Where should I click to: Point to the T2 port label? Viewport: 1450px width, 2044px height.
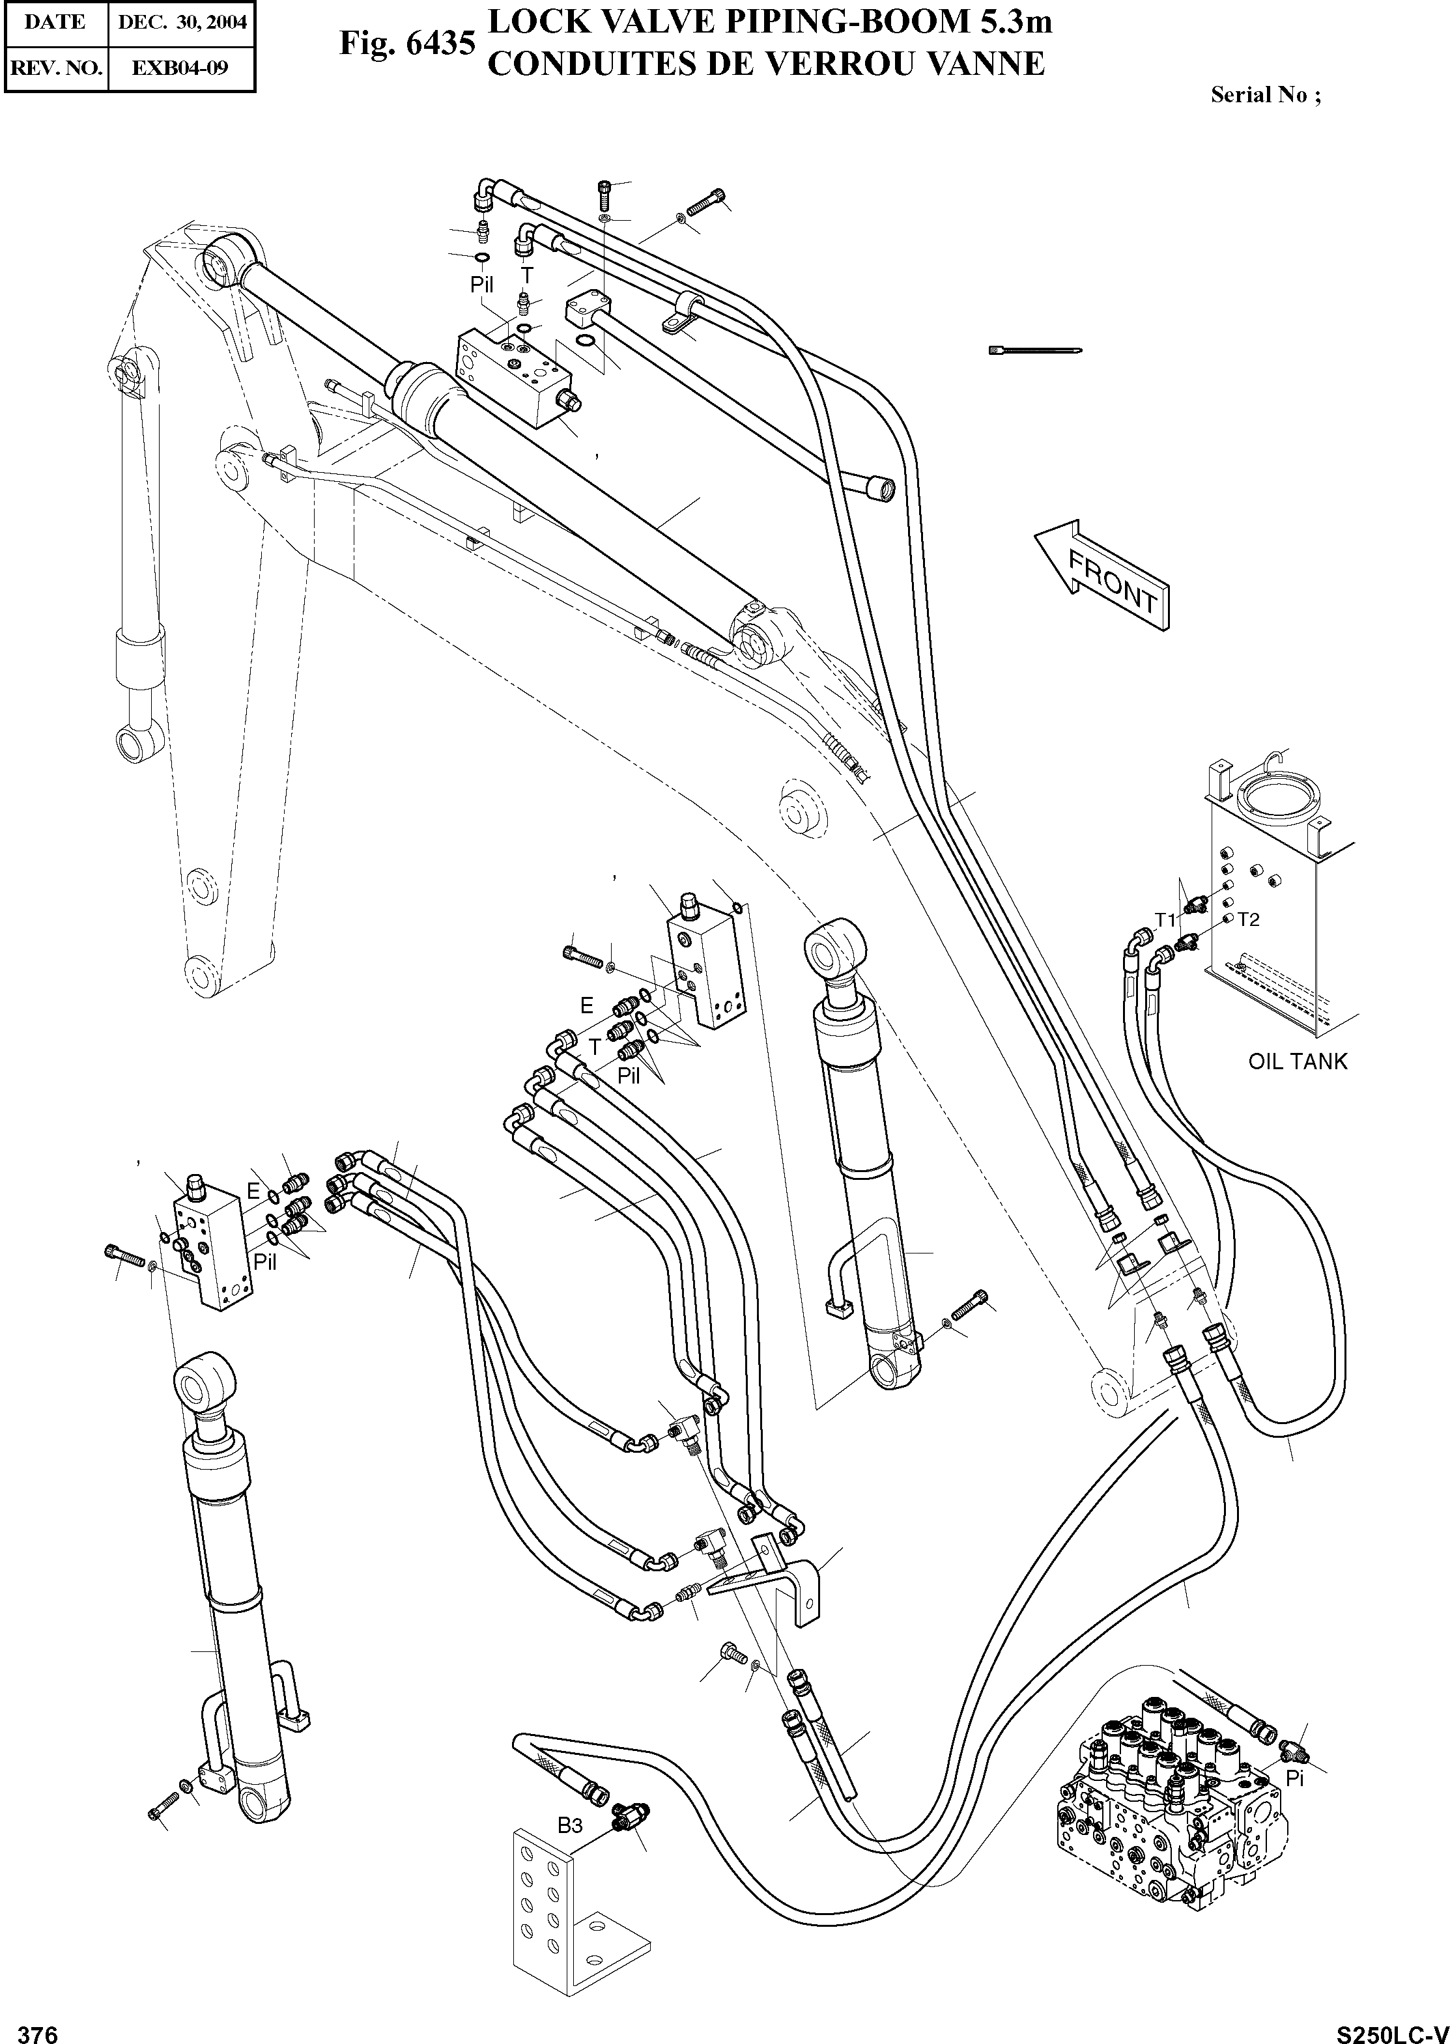click(x=1248, y=919)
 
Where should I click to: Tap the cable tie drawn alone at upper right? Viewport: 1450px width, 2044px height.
click(x=1036, y=350)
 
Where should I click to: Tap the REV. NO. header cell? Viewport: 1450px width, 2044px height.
click(x=55, y=68)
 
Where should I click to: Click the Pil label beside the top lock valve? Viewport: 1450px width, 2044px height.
click(x=481, y=285)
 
